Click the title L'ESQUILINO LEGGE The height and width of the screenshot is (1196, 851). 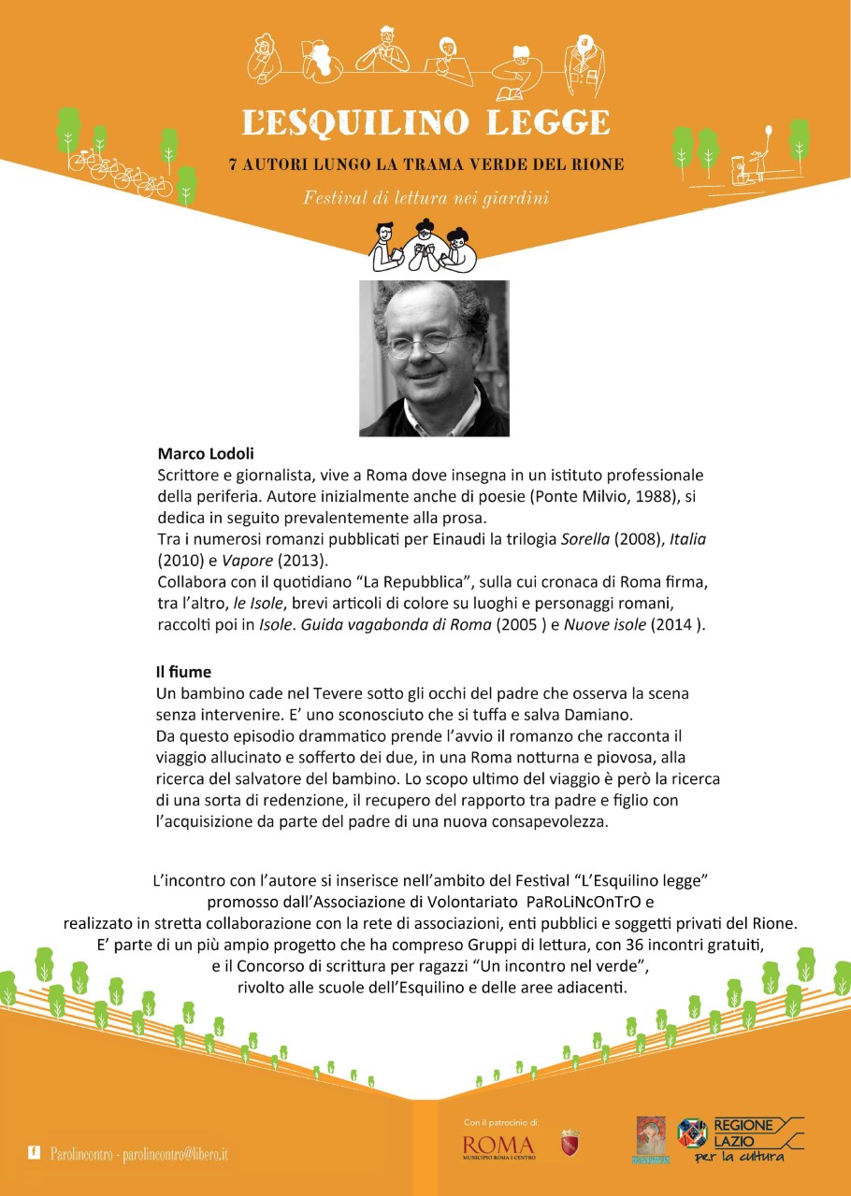[x=425, y=121]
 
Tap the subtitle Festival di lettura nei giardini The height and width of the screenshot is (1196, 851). [x=425, y=197]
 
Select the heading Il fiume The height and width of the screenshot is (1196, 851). [x=183, y=672]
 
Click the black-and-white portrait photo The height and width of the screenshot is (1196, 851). [x=434, y=358]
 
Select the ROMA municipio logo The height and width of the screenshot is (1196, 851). [x=498, y=1146]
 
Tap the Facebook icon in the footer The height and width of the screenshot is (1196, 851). [x=35, y=1154]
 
